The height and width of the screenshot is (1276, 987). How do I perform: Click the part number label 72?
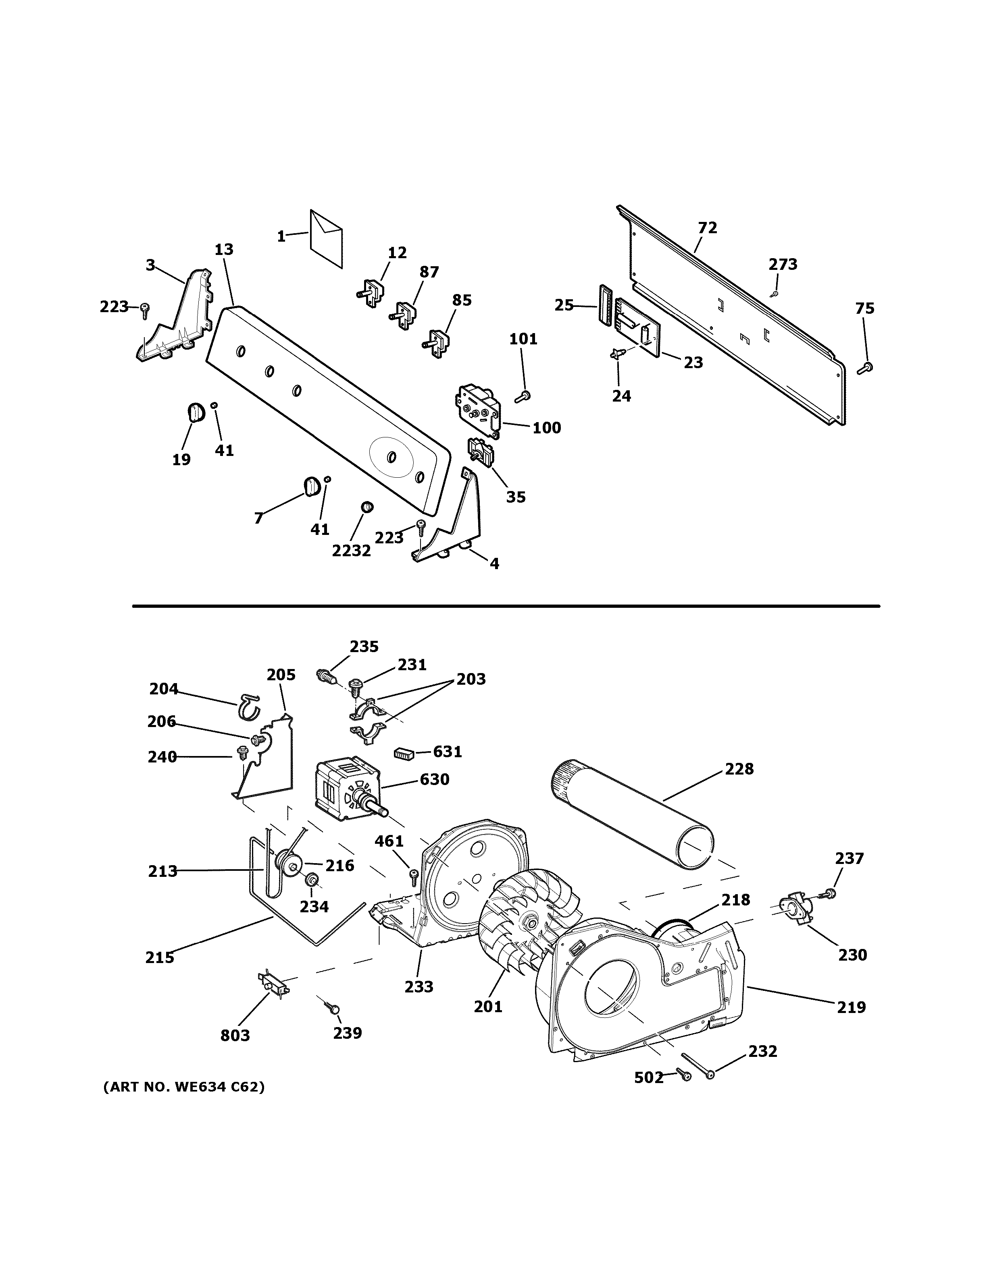coord(707,228)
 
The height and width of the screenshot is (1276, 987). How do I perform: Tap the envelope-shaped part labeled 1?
coord(326,239)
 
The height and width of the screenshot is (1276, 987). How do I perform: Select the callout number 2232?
coord(352,551)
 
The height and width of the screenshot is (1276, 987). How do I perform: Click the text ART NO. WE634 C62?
coord(183,1087)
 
